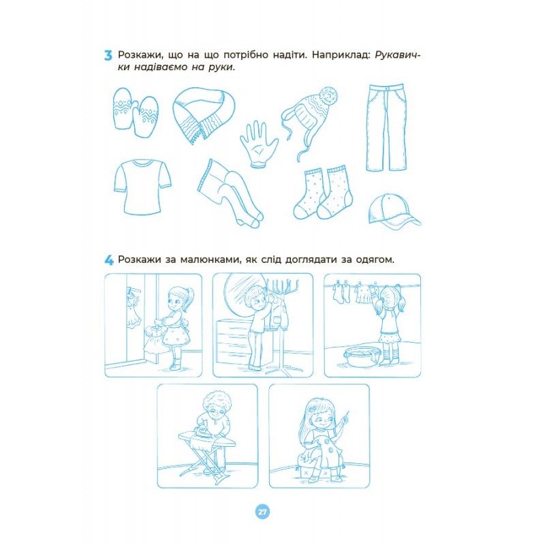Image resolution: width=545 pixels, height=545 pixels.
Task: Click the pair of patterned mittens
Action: pos(136,112)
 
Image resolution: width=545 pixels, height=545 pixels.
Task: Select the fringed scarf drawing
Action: pos(204,114)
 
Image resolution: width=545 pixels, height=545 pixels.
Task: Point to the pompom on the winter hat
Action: pos(328,95)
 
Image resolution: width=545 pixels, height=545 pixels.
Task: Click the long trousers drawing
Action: pos(386,127)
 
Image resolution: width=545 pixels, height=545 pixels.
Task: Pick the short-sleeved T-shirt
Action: pos(142,187)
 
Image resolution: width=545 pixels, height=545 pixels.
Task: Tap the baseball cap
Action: pos(394,212)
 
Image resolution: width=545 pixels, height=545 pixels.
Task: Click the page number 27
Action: pos(262,512)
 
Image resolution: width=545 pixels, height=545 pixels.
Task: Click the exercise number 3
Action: pos(108,56)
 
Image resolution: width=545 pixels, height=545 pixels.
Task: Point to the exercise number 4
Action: pos(109,260)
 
